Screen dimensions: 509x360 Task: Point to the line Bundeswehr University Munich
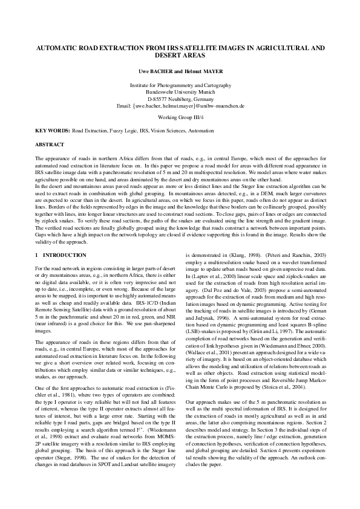click(x=180, y=92)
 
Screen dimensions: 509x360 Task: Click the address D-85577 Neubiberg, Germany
click(x=180, y=99)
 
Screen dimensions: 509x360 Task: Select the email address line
click(x=180, y=106)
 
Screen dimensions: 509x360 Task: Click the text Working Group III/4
click(x=180, y=116)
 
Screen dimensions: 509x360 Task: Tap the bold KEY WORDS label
click(x=52, y=131)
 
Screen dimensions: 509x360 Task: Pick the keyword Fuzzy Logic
click(x=124, y=131)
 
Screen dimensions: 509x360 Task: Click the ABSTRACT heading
click(x=50, y=145)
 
